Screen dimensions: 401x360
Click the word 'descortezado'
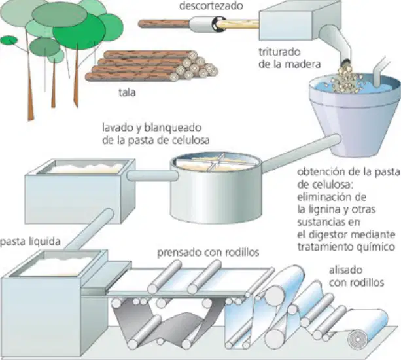point(211,6)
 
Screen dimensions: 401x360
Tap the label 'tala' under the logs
point(127,92)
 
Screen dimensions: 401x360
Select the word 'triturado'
point(279,52)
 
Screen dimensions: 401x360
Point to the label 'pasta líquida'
point(30,242)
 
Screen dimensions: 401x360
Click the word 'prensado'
point(179,253)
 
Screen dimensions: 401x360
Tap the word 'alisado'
point(345,270)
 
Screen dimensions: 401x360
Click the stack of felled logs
point(151,65)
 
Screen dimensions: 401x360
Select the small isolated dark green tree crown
point(9,40)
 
